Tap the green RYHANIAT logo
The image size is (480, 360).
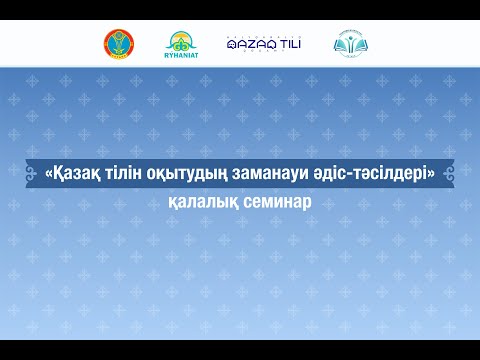tap(182, 44)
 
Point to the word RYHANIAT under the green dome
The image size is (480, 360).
tap(182, 56)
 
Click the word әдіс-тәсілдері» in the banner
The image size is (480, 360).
tap(383, 174)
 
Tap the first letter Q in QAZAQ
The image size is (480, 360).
tap(232, 45)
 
